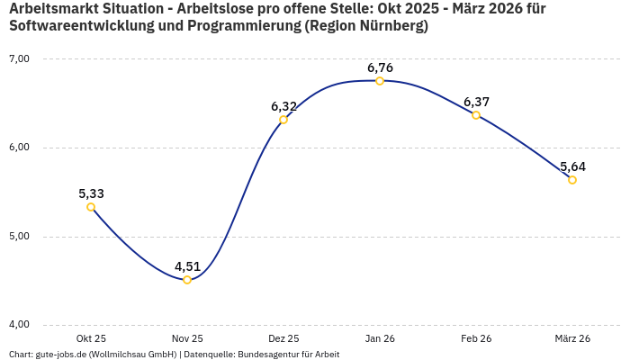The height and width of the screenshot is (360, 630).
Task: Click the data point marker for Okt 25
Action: (91, 207)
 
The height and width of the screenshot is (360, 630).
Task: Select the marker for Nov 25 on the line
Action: (187, 280)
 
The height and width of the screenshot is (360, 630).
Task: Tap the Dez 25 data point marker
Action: (283, 120)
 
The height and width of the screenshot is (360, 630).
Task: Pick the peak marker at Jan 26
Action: (380, 81)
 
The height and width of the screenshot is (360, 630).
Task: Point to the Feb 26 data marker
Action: (476, 115)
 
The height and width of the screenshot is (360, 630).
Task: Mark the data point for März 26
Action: (572, 180)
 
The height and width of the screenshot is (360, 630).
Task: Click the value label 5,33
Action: (91, 193)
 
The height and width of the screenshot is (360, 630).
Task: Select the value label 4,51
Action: (187, 266)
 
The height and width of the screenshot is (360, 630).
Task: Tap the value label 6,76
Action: (380, 67)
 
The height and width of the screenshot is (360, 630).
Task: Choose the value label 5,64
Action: (572, 166)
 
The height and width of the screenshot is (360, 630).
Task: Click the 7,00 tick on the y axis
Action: (19, 58)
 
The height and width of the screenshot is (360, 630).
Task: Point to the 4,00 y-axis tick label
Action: (19, 324)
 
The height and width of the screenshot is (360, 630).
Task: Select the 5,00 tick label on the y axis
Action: (19, 236)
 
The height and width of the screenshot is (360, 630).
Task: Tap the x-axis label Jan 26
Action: (380, 338)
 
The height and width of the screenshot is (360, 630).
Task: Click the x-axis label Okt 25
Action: (91, 338)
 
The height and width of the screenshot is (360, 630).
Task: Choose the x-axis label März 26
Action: (572, 338)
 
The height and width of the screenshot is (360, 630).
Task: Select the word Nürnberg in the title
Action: (390, 26)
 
